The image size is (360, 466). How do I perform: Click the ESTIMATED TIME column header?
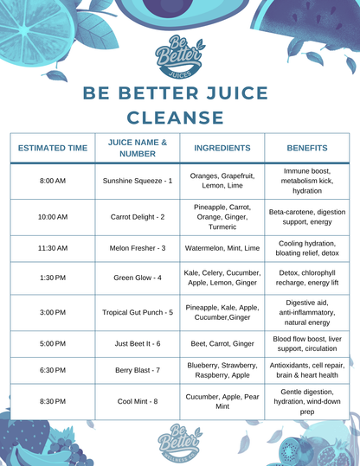coord(53,148)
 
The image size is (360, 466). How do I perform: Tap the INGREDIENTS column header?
coord(222,148)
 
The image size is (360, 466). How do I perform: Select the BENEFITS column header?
coord(307,148)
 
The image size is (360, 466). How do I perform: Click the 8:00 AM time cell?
coord(53,182)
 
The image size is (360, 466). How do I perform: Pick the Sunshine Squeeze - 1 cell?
coord(138,182)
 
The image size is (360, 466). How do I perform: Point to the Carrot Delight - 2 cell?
coord(138,217)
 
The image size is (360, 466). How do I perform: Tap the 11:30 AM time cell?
coord(53,248)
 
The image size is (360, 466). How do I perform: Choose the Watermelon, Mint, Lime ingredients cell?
coord(222,248)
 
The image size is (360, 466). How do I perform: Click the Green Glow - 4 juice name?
coord(138,278)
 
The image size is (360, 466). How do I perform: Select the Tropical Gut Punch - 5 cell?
coord(138,312)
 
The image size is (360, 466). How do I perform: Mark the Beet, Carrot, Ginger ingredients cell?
coord(222,344)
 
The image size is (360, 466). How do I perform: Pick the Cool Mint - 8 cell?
coord(138,402)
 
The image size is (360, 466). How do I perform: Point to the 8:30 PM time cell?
coord(53,402)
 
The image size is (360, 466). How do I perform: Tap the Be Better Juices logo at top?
coord(178,56)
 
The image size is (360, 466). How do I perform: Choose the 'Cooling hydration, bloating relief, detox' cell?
coord(307,248)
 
